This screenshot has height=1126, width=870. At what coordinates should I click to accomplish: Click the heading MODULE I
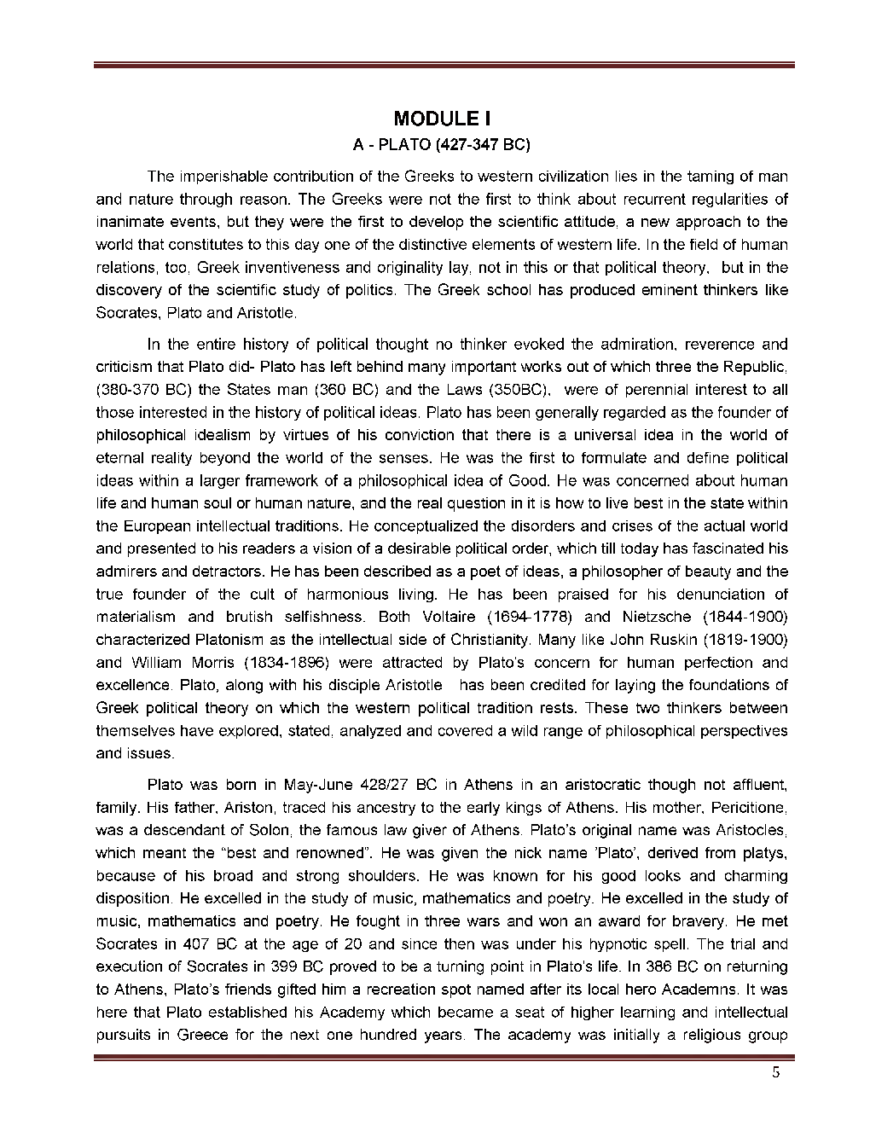coord(442,118)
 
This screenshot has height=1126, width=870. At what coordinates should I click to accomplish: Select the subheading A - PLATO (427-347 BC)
coord(442,144)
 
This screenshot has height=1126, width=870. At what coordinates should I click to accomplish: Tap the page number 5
coord(775,1074)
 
